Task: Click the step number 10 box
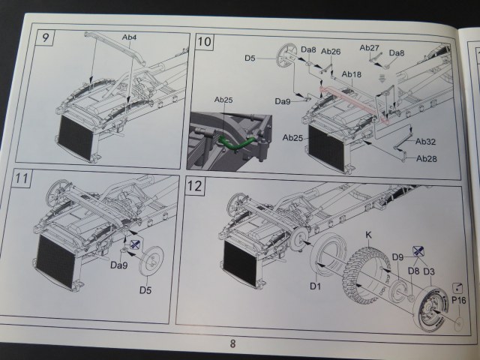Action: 204,42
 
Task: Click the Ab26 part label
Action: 331,52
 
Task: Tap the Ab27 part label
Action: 370,48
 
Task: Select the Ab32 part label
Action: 426,142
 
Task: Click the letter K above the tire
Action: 368,235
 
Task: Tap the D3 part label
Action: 429,270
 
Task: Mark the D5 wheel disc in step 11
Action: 153,259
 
